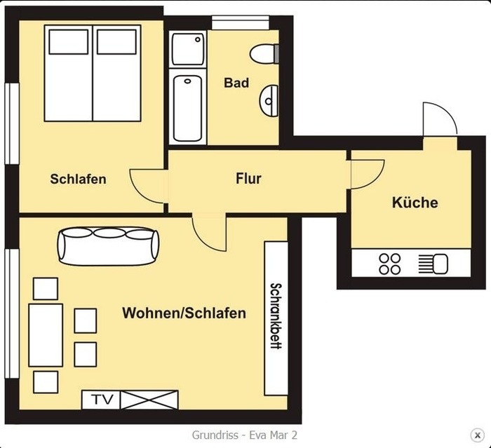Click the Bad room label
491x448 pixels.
[x=236, y=83]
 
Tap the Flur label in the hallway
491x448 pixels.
[x=248, y=179]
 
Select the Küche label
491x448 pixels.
[x=415, y=203]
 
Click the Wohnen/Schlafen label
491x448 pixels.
[x=184, y=313]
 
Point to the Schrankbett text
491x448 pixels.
[x=276, y=316]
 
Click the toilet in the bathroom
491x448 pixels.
[x=264, y=54]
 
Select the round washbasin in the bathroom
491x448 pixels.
[x=269, y=101]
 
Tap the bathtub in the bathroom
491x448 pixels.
[x=187, y=108]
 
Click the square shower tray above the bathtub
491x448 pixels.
[x=188, y=49]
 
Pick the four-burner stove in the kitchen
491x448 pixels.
[x=389, y=264]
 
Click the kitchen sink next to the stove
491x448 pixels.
[x=433, y=264]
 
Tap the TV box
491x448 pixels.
[x=101, y=400]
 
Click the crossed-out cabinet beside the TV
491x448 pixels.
[x=149, y=400]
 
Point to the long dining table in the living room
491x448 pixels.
[x=46, y=335]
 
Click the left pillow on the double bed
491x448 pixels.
[x=69, y=41]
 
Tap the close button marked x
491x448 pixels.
[x=477, y=435]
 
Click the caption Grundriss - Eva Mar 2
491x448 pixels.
[x=245, y=435]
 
